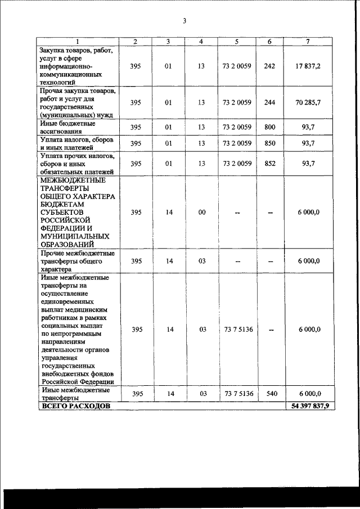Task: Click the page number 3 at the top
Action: coord(184,21)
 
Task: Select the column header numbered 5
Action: coord(237,41)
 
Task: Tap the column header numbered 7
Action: coord(307,41)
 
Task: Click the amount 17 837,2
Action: coord(307,66)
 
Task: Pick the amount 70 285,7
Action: coord(307,102)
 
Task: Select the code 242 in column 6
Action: coord(269,66)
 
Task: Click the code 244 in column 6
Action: coord(269,102)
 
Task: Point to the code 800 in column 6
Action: coord(269,127)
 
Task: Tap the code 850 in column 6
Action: coord(269,143)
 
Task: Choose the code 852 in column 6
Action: coord(269,164)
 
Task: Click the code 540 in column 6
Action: coord(269,394)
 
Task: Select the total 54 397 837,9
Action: coord(307,405)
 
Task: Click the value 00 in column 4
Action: coord(202,212)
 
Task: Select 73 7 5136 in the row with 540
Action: coord(237,394)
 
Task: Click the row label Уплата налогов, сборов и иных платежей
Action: coord(75,143)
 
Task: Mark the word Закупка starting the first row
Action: coord(52,50)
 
